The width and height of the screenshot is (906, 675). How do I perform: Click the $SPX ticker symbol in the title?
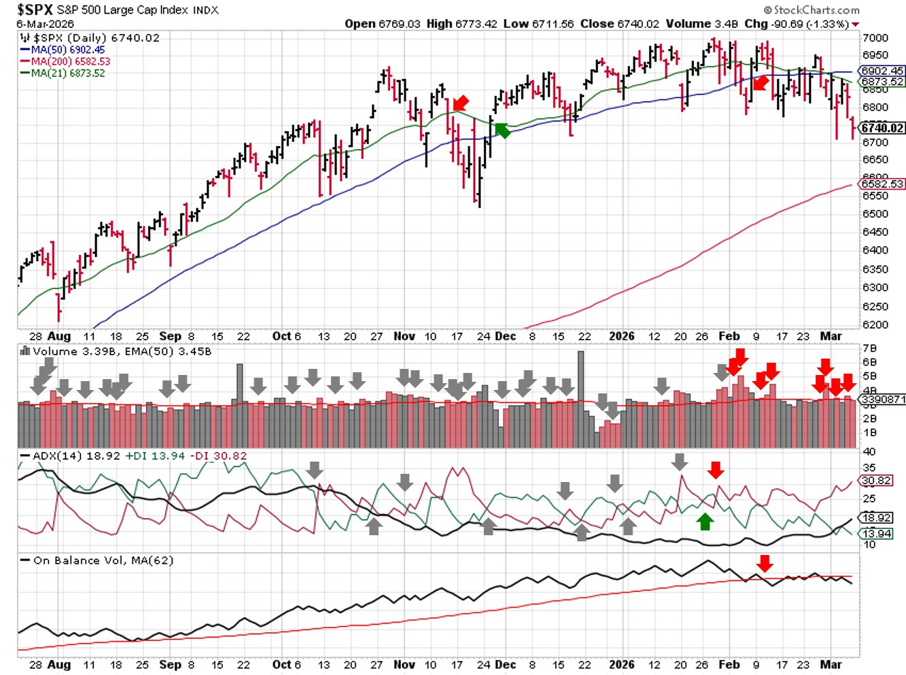[x=35, y=10]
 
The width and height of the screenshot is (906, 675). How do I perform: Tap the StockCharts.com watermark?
[x=811, y=10]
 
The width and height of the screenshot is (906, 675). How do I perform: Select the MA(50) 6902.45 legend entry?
[x=67, y=50]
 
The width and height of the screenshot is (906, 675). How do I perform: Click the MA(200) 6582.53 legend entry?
[x=70, y=61]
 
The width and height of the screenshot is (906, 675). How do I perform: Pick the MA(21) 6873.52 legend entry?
[x=67, y=73]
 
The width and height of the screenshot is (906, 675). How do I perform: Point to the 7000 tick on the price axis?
[x=875, y=38]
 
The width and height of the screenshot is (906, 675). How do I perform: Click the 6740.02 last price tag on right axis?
[x=882, y=128]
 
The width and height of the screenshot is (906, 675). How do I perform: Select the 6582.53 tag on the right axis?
[x=882, y=184]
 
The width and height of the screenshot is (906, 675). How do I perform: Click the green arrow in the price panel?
[x=502, y=130]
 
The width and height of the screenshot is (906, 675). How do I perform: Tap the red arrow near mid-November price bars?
[x=461, y=103]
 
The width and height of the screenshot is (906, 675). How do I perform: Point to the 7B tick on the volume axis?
[x=870, y=348]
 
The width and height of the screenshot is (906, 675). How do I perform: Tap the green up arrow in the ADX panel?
[x=705, y=522]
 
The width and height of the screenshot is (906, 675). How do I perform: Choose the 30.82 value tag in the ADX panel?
[x=877, y=481]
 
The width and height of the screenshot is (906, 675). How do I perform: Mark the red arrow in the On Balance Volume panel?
[x=765, y=563]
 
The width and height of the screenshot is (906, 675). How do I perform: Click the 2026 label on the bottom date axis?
[x=622, y=664]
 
